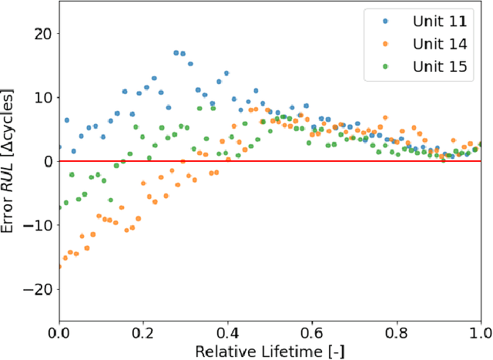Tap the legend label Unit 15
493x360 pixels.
tap(438, 66)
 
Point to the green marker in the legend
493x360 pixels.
tap(387, 66)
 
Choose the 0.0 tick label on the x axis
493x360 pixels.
tap(59, 333)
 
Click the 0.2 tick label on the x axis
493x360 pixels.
tap(143, 333)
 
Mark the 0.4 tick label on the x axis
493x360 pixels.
tap(227, 333)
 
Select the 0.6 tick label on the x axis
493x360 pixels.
tap(311, 333)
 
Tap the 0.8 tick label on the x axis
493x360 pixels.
tap(396, 333)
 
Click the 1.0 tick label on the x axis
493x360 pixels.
tap(478, 333)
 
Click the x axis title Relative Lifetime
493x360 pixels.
tap(269, 351)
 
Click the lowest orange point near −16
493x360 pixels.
tap(59, 267)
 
